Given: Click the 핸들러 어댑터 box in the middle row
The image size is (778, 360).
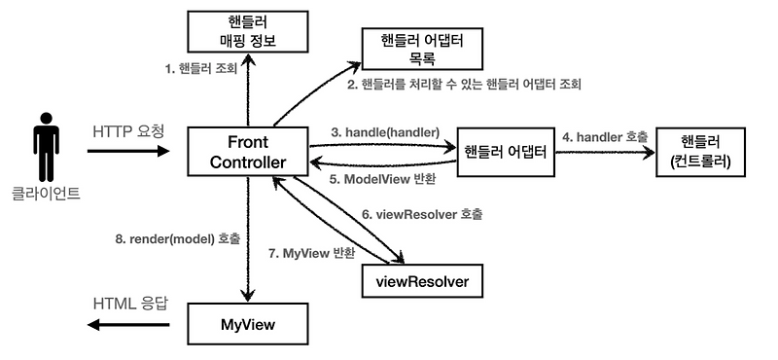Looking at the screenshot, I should (x=505, y=151).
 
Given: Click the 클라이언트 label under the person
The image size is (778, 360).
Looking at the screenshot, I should (x=46, y=195).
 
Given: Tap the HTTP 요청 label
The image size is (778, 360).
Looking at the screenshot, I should (x=128, y=130).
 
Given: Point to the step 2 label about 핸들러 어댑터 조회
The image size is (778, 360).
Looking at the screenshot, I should (x=464, y=85).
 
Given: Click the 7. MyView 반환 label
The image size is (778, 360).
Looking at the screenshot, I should (x=311, y=252).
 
